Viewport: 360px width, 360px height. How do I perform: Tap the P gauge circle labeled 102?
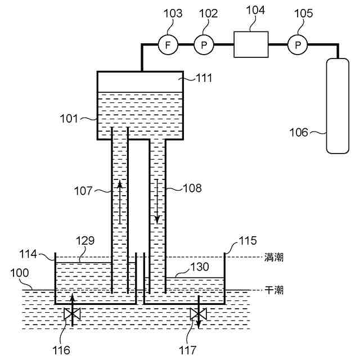204,44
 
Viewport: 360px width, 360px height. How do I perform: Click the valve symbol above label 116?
71,314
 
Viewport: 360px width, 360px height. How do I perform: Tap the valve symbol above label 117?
197,314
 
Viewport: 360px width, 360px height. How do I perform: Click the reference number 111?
204,78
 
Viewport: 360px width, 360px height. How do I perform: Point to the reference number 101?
70,119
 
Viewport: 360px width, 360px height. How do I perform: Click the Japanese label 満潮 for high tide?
274,258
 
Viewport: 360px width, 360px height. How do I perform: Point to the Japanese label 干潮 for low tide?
274,290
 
